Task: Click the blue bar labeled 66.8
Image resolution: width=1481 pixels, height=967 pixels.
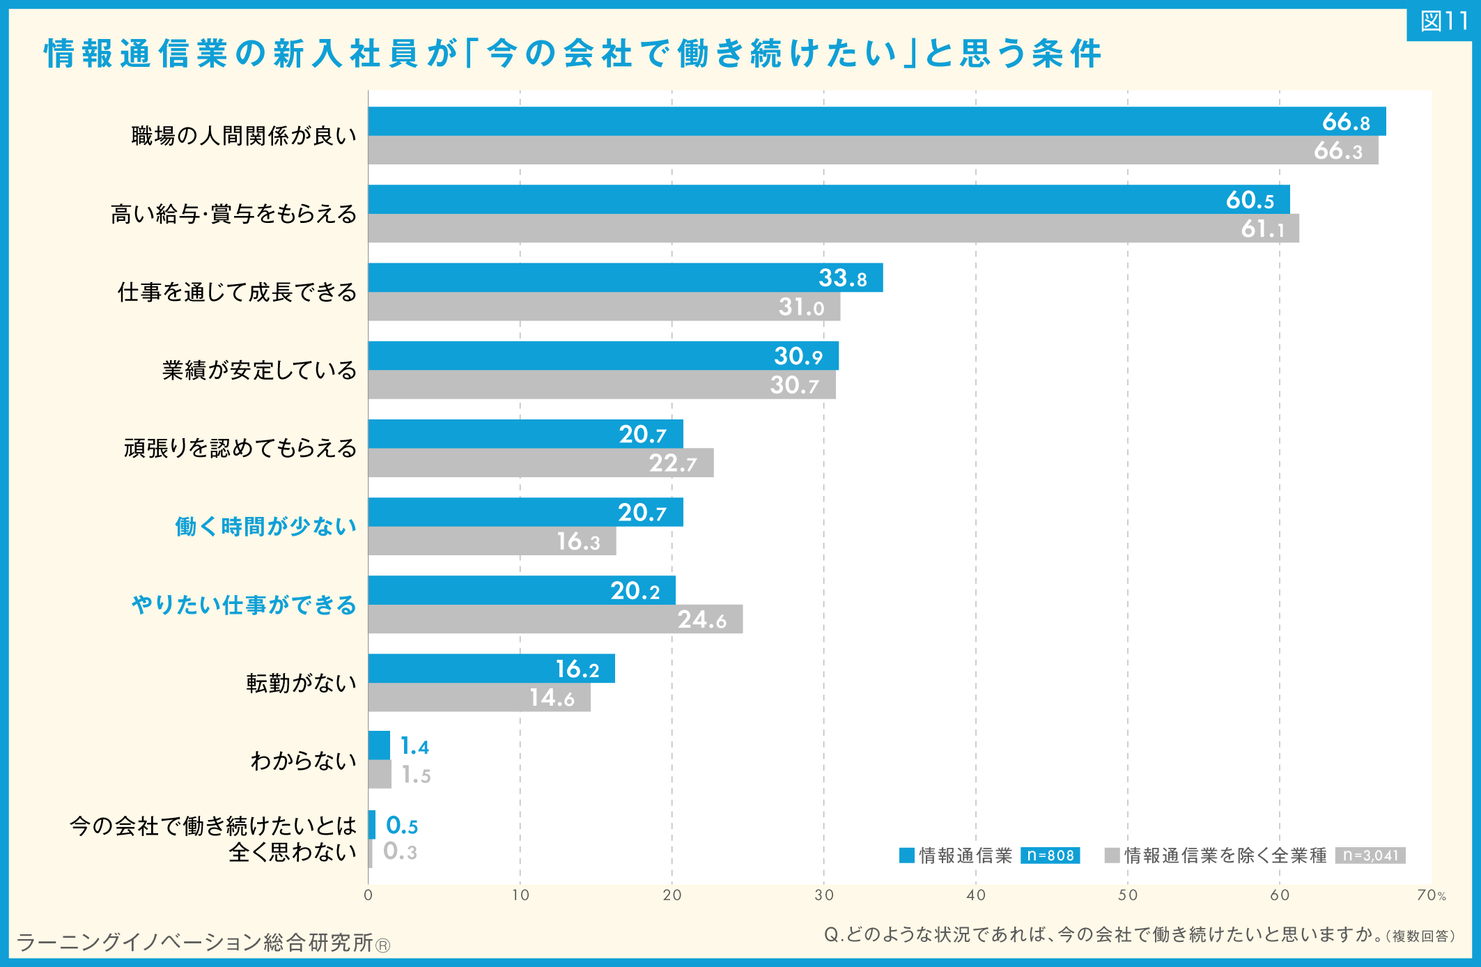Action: [877, 121]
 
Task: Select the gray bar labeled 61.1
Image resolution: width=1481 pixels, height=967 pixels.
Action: [834, 229]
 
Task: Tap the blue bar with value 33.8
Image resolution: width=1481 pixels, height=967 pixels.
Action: [626, 277]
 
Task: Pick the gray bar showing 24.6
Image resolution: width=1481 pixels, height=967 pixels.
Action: [556, 619]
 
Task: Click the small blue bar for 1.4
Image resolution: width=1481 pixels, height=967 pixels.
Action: [379, 745]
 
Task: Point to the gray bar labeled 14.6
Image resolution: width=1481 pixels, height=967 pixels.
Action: [479, 697]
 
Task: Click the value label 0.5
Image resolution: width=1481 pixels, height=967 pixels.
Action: [402, 826]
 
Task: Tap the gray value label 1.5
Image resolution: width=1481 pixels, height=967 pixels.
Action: [416, 775]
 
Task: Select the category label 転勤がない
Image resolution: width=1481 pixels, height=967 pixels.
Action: [301, 683]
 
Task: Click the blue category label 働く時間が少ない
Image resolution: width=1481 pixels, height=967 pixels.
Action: [265, 527]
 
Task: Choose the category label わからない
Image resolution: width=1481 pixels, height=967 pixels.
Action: [303, 761]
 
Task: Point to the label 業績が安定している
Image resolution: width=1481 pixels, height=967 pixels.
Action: [259, 370]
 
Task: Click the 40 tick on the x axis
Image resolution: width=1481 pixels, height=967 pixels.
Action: [976, 895]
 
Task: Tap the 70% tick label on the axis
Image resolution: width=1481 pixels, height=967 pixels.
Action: [1431, 895]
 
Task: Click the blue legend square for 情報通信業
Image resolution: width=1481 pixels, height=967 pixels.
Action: [906, 856]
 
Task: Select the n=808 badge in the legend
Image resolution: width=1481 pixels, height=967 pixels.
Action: [1050, 856]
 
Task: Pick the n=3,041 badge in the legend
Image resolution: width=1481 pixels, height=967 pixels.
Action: [1370, 856]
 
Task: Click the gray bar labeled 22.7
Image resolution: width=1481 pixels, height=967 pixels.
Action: [541, 463]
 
